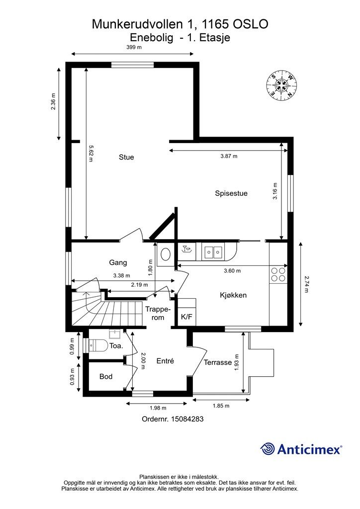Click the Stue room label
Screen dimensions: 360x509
tap(126, 157)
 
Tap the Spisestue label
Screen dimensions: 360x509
tap(231, 193)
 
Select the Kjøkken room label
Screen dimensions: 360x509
tap(233, 295)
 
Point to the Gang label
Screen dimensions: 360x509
tap(118, 262)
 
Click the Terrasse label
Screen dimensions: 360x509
tap(217, 362)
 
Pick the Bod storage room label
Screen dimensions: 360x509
tap(106, 377)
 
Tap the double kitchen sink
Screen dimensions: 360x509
tap(213, 251)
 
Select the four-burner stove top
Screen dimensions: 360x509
tap(278, 274)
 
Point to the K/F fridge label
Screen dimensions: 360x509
tap(186, 317)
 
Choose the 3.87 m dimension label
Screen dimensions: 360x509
tap(229, 156)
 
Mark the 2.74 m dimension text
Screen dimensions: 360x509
tap(306, 284)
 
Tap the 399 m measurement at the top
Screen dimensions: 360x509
tap(134, 47)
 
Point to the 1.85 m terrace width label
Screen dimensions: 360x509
tap(221, 406)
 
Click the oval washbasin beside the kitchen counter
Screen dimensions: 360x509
tap(166, 254)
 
